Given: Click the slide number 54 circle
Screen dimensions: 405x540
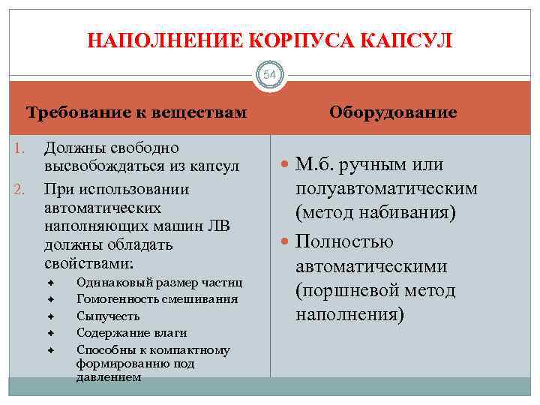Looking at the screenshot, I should click(x=270, y=76).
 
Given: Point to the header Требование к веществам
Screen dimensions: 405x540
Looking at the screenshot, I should click(x=136, y=113).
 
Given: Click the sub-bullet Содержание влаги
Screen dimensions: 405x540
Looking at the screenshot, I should click(x=132, y=332).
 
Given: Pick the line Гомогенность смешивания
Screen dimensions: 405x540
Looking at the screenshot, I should click(x=157, y=299).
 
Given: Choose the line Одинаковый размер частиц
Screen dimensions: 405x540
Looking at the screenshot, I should click(x=159, y=283).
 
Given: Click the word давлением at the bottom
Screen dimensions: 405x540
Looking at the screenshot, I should click(x=108, y=377).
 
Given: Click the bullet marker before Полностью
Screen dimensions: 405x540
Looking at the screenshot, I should click(x=286, y=242).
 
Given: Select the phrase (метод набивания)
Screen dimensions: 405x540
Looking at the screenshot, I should click(x=375, y=213).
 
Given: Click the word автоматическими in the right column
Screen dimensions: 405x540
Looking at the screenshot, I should click(x=371, y=266).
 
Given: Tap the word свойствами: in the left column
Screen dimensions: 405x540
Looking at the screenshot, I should click(x=88, y=264).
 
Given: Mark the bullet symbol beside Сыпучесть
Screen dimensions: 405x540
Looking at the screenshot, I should click(x=52, y=316).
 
